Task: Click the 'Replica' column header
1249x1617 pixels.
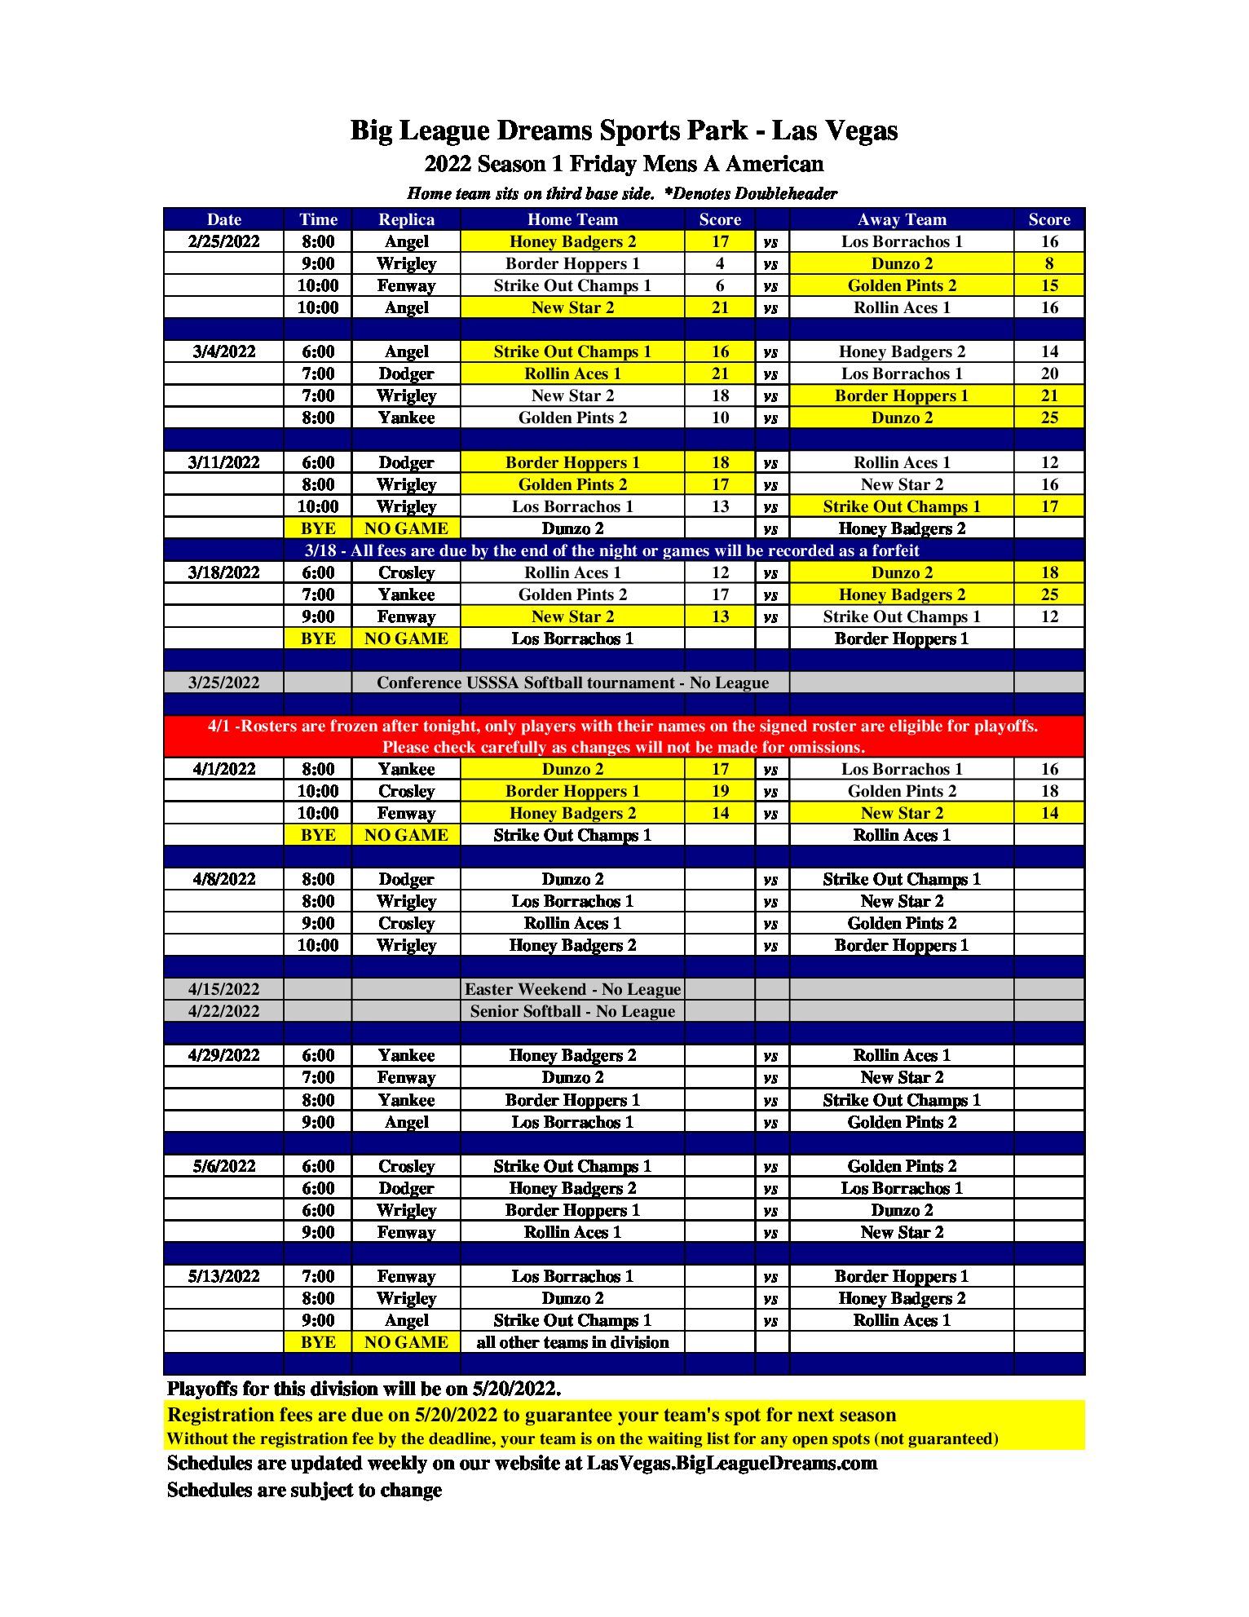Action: tap(406, 219)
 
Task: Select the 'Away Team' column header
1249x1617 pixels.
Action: tap(902, 219)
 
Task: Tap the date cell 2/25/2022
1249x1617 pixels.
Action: tap(223, 241)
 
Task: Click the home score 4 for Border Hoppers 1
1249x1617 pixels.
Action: tap(720, 263)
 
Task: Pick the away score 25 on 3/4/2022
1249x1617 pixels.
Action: tap(1049, 418)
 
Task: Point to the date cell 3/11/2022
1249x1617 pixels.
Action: tap(223, 462)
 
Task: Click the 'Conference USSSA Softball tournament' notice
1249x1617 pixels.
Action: tap(572, 683)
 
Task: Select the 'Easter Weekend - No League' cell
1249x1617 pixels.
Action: tap(572, 989)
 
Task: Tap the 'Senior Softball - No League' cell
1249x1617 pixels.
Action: tap(572, 1011)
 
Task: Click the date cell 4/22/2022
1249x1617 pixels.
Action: tap(223, 1011)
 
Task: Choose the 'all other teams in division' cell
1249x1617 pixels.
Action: tap(572, 1342)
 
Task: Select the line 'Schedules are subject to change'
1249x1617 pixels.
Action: tap(304, 1490)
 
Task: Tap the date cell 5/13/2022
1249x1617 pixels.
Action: tap(223, 1276)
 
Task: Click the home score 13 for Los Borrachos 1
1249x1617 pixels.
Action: tap(720, 506)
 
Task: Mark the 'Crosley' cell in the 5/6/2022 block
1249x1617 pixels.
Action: tap(406, 1166)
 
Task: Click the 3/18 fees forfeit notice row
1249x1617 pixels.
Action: tap(611, 550)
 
